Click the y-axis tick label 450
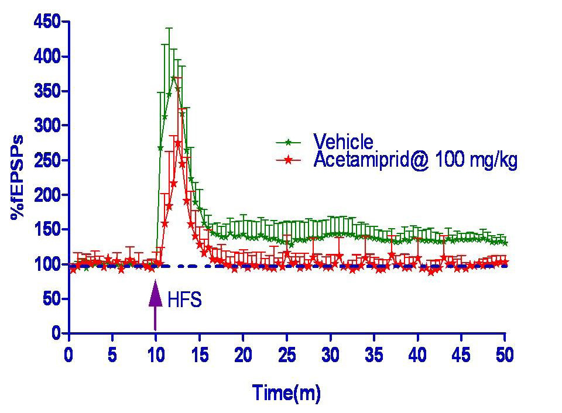click(47, 22)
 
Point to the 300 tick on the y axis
click(47, 126)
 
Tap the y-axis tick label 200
click(47, 195)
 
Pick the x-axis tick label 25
click(287, 355)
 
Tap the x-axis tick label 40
click(417, 355)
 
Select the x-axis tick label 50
click(504, 355)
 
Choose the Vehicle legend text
click(343, 142)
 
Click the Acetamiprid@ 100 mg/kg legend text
click(416, 160)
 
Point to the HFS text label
click(184, 301)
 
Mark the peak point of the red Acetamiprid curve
click(178, 143)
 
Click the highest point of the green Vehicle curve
click(173, 78)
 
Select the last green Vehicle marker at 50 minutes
click(505, 243)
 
